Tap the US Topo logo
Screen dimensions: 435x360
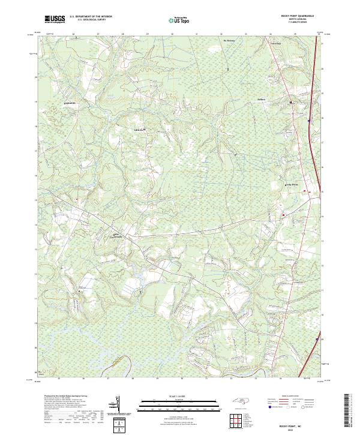[x=179, y=19]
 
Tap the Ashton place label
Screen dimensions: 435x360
[x=261, y=98]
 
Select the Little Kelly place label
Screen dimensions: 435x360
[x=138, y=128]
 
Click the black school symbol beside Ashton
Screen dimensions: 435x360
[x=292, y=103]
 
